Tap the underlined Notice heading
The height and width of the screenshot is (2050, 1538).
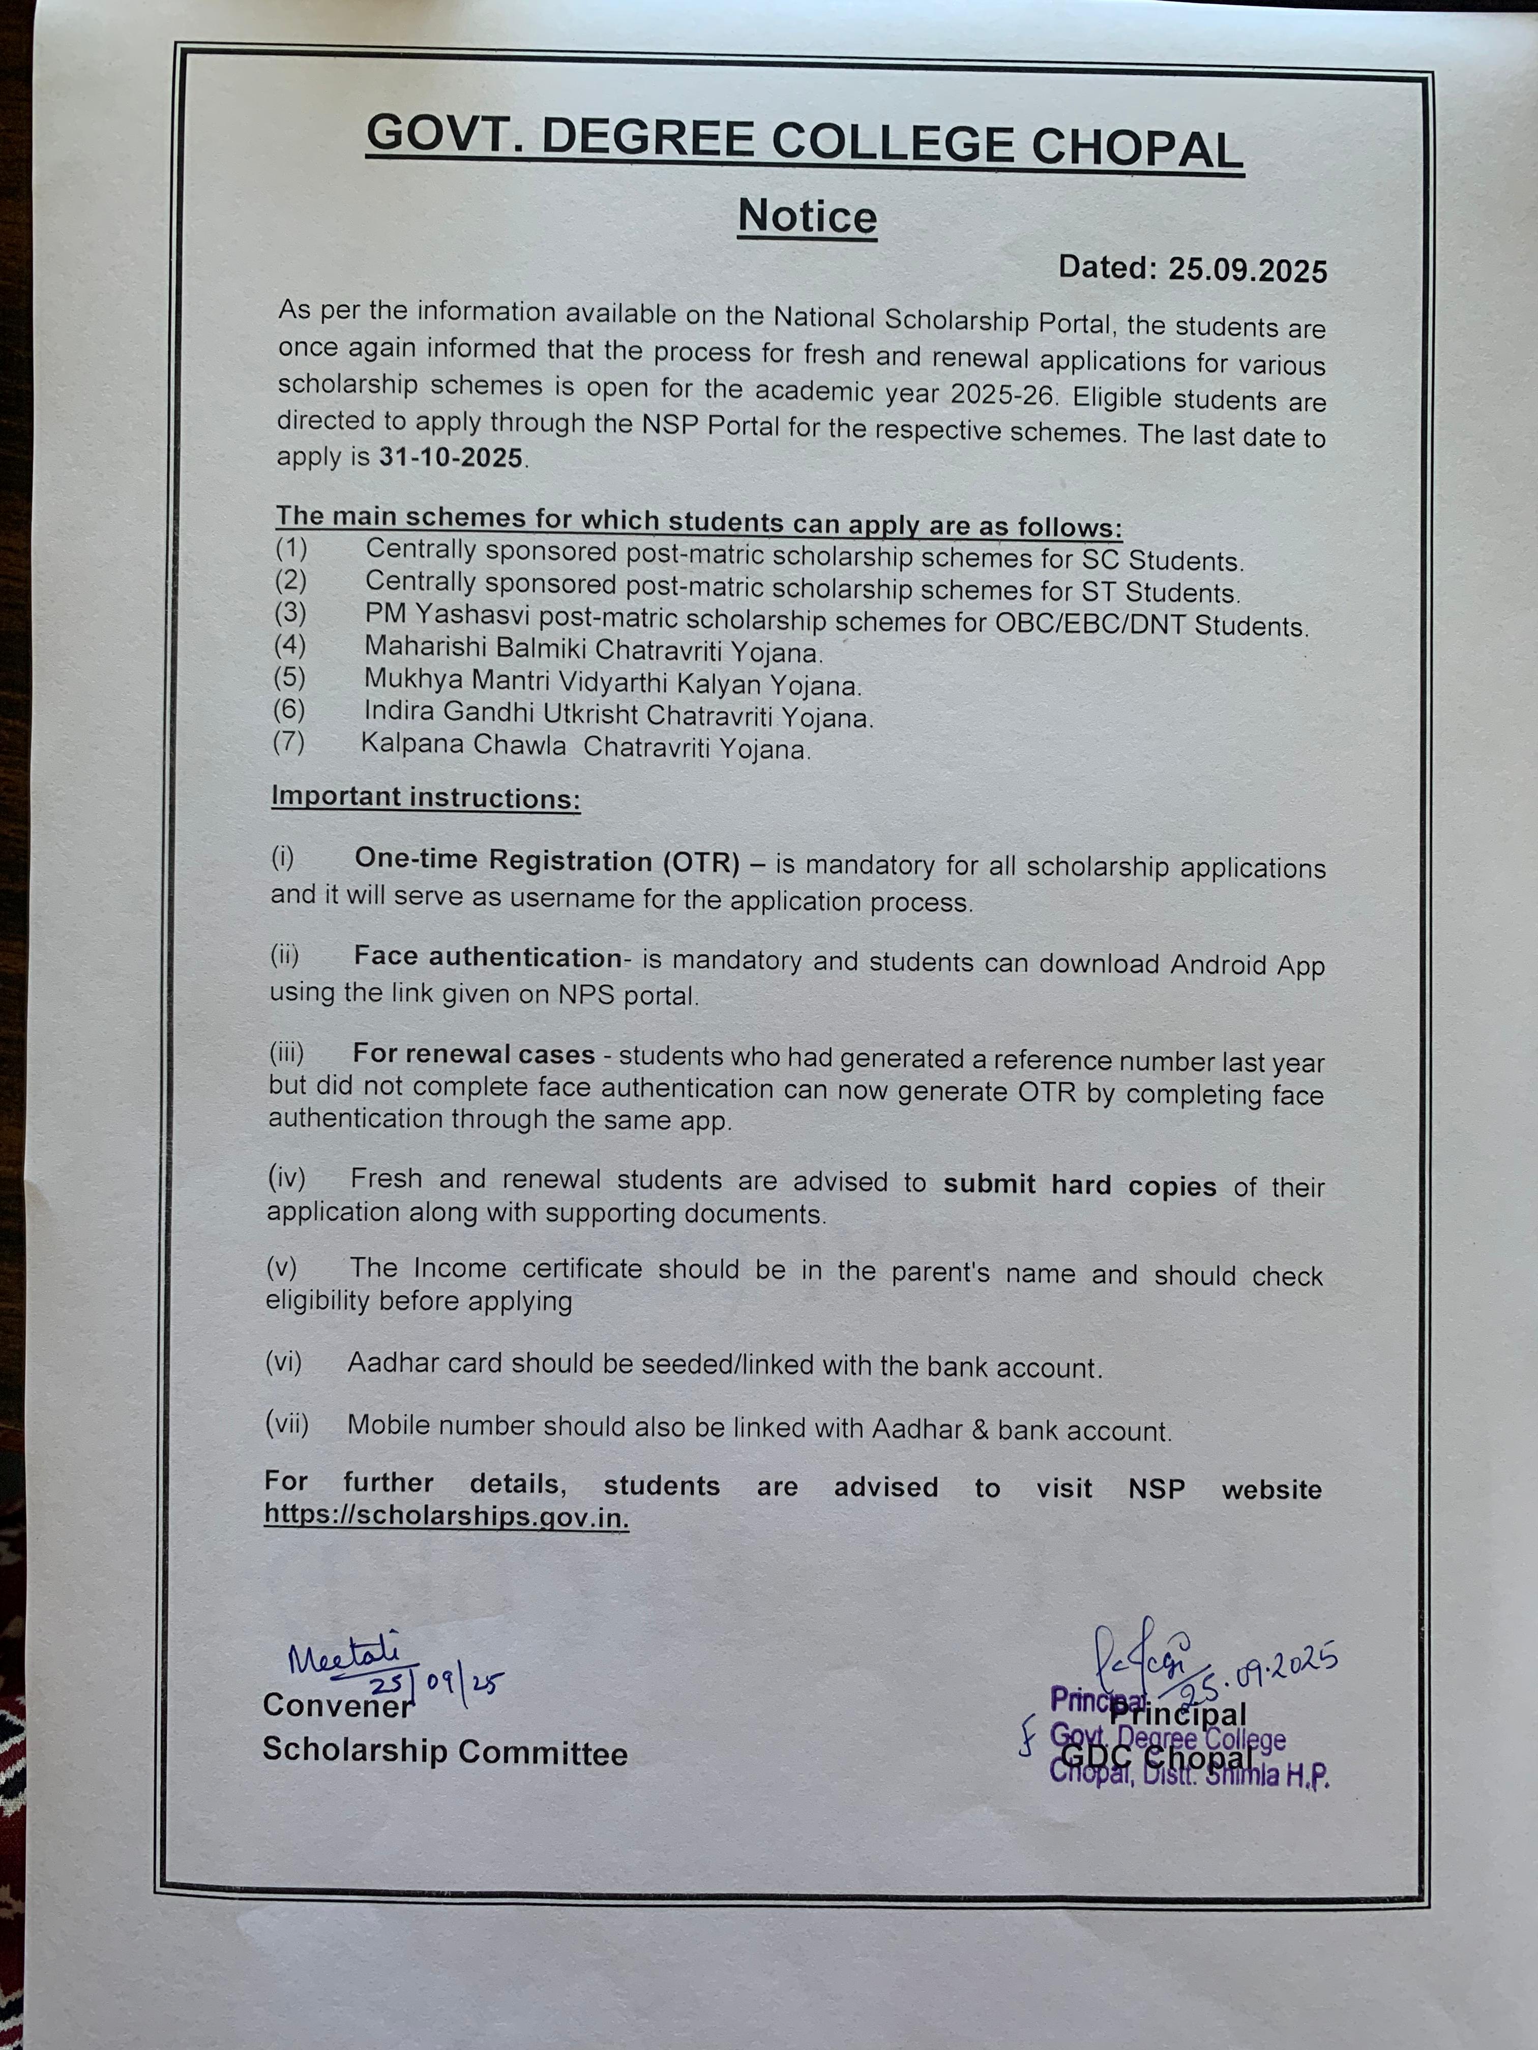click(x=807, y=217)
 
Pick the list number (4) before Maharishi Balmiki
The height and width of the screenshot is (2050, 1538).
click(x=290, y=644)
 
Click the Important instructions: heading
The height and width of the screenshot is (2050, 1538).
click(x=426, y=798)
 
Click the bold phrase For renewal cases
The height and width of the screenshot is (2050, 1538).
click(x=473, y=1054)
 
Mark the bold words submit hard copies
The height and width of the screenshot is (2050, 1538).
click(x=1079, y=1185)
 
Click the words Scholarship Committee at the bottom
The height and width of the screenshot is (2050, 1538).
click(x=445, y=1751)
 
